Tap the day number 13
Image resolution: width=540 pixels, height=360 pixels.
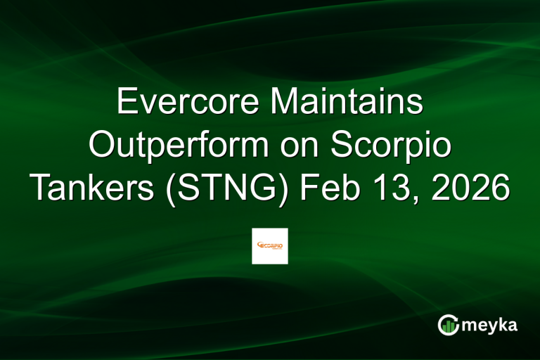pyautogui.click(x=392, y=188)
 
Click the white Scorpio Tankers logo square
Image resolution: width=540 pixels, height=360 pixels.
pyautogui.click(x=270, y=246)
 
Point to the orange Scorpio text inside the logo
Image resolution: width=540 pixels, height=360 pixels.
pyautogui.click(x=271, y=245)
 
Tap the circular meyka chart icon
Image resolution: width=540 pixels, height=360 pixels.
pyautogui.click(x=449, y=324)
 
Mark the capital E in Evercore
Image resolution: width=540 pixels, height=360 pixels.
pyautogui.click(x=127, y=103)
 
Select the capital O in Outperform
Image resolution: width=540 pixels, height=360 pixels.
pyautogui.click(x=103, y=146)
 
